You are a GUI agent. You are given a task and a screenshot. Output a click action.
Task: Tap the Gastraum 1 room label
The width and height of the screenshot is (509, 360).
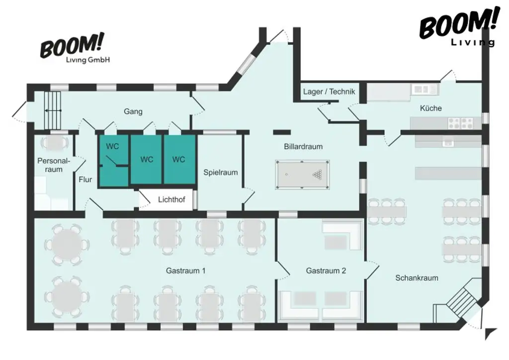pos(186,270)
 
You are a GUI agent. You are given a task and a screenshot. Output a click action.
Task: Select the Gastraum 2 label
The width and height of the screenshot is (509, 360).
pos(326,270)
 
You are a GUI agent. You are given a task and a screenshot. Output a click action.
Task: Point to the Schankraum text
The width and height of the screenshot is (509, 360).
pos(417,277)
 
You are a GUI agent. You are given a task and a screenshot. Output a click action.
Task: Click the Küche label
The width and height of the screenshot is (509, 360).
pos(430,108)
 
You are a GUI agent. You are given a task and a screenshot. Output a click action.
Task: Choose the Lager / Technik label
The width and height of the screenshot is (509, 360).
pos(329,91)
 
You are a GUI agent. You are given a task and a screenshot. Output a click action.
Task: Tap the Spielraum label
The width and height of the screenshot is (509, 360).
pos(220,173)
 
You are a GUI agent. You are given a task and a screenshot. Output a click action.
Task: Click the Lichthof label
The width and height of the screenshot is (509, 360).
pos(171,199)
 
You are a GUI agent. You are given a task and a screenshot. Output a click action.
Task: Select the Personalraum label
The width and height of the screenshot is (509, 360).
pos(54,165)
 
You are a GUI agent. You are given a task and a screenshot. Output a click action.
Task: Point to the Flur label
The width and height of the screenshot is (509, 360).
pos(85,180)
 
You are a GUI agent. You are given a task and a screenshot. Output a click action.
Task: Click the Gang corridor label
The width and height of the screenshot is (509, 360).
pos(133,111)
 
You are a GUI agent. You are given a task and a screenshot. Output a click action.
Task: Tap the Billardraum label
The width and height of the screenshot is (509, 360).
pos(303,146)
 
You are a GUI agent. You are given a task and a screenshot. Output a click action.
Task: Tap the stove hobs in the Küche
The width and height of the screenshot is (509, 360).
pos(460,122)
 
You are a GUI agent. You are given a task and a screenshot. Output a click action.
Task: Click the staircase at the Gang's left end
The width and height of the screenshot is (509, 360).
pos(52,110)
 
